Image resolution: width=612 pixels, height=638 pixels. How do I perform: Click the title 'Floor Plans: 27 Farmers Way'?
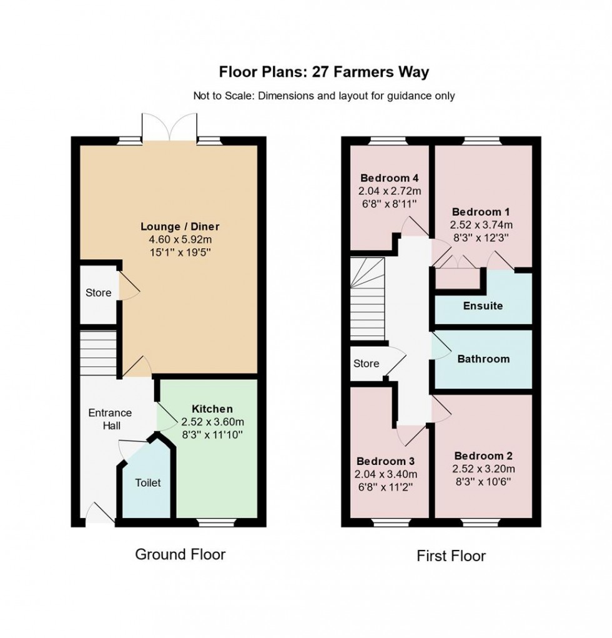tap(323, 72)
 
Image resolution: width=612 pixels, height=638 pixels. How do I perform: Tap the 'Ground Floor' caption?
tap(180, 554)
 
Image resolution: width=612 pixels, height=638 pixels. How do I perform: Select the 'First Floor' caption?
tap(451, 556)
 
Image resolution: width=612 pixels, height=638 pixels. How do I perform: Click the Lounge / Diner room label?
tap(180, 226)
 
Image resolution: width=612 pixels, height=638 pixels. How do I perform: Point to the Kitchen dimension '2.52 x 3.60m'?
tap(213, 422)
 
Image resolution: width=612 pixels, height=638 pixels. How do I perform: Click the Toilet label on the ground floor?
tap(148, 482)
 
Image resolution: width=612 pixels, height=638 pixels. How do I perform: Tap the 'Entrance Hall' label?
tap(110, 419)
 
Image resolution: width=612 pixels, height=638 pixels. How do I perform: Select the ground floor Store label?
tap(99, 292)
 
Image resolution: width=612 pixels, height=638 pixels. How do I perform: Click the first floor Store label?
tap(366, 363)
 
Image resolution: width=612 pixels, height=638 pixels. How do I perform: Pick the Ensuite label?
tap(483, 306)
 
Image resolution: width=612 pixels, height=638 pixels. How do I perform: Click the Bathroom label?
tap(483, 359)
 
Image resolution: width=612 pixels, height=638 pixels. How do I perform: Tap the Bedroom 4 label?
tap(390, 178)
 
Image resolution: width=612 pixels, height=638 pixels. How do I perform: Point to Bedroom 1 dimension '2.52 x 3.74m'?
tap(481, 224)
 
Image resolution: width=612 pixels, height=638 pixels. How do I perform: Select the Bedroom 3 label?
tap(385, 461)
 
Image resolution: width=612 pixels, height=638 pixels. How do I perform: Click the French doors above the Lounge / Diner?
tap(170, 127)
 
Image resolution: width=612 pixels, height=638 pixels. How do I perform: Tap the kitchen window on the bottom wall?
tap(216, 522)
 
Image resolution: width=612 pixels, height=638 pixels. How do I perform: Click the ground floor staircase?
tap(98, 353)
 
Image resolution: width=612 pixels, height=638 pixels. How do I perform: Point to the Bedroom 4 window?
tap(388, 141)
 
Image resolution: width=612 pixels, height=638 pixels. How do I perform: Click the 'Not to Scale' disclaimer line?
tap(323, 96)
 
